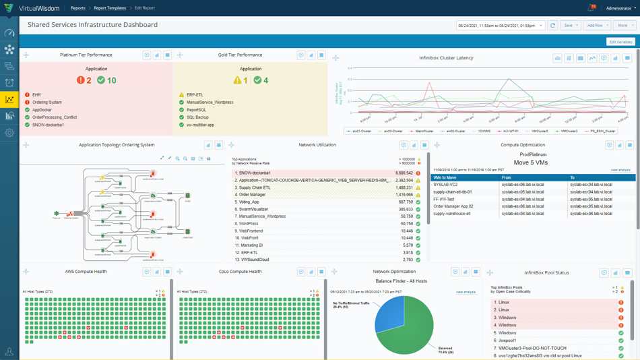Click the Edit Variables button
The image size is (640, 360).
tap(620, 42)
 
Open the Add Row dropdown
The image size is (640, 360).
tap(597, 26)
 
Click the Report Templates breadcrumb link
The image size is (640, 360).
tap(110, 8)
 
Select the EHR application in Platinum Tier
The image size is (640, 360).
tap(36, 95)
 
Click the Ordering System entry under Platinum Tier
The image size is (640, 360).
tap(46, 102)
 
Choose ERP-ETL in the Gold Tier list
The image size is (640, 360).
tap(195, 95)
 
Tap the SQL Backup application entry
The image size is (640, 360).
tap(197, 117)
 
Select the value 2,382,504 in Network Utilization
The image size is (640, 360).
tap(404, 181)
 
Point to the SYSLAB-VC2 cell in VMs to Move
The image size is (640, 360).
tap(446, 185)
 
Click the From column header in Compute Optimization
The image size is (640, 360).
tap(507, 178)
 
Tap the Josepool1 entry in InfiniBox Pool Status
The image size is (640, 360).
tap(509, 340)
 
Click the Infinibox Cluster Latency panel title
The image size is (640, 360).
tap(446, 58)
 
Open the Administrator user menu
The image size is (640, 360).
tap(620, 8)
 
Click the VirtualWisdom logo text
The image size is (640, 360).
tap(39, 8)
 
